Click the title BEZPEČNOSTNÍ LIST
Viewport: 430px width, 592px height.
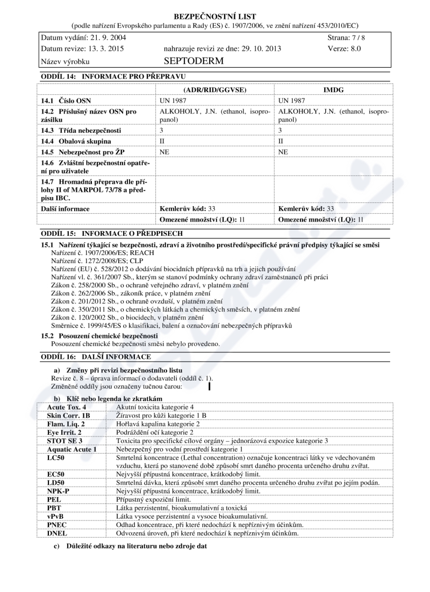(215, 17)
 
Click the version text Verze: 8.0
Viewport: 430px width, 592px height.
(344, 48)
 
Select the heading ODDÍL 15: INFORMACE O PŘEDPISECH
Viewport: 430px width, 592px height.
(112, 234)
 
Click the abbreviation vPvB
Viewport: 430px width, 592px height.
(57, 516)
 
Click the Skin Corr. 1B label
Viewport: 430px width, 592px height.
(69, 416)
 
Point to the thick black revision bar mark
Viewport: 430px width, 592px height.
(209, 386)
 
